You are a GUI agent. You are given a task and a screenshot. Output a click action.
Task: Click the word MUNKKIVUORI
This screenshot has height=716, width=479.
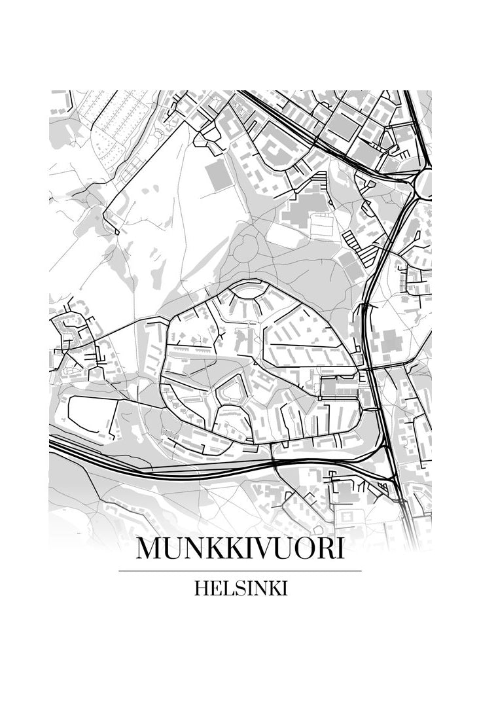coord(239,549)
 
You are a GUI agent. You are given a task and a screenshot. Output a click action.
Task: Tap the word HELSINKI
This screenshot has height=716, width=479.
coord(240,588)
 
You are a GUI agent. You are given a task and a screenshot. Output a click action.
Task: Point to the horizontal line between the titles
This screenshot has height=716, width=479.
coord(239,571)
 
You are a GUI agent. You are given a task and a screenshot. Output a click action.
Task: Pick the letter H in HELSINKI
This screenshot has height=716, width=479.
coord(201,588)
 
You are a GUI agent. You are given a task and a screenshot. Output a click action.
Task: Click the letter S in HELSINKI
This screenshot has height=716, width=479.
coord(234,588)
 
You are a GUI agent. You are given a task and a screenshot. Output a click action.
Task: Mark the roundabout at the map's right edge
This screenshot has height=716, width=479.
coord(425,183)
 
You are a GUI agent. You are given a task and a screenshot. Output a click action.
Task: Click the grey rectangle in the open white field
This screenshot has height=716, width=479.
coord(217,175)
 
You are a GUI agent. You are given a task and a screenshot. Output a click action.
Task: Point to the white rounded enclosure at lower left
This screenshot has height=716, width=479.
coord(92,416)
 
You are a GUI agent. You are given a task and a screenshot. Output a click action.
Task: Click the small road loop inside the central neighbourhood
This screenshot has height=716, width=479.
coord(231,391)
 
